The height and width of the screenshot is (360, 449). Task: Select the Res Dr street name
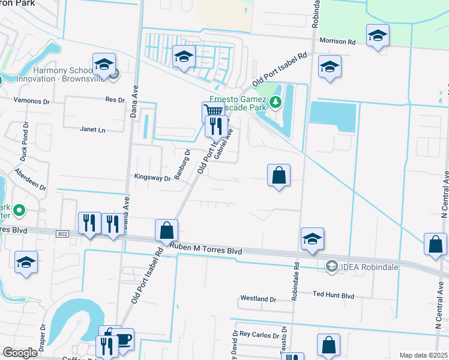pyautogui.click(x=114, y=100)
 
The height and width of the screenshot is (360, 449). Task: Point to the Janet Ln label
pyautogui.click(x=92, y=129)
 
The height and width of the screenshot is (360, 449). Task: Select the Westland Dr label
pyautogui.click(x=258, y=298)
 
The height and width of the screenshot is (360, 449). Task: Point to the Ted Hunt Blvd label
pyautogui.click(x=334, y=295)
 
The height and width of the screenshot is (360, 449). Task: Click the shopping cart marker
pyautogui.click(x=213, y=111)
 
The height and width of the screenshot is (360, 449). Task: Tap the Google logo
pyautogui.click(x=19, y=353)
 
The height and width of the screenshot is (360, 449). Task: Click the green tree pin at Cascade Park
pyautogui.click(x=276, y=102)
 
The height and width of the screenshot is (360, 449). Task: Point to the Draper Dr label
pyautogui.click(x=43, y=336)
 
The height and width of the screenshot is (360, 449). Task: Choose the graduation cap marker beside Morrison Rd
pyautogui.click(x=378, y=35)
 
